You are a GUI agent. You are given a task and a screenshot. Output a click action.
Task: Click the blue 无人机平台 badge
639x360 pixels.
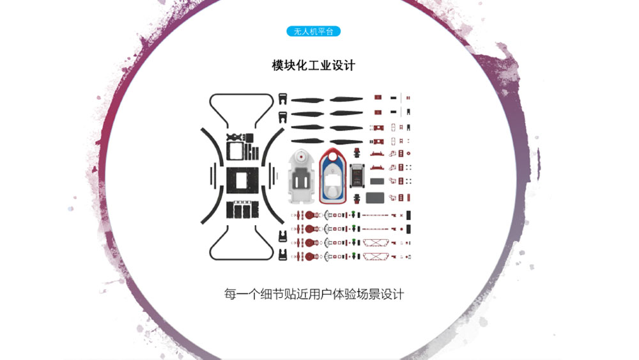pos(313,31)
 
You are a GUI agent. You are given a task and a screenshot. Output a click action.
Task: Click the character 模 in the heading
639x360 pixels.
pos(277,65)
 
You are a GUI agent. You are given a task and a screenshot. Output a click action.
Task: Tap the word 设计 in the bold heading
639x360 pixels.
pos(344,65)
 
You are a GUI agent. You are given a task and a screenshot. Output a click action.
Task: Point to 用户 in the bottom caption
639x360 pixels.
pos(319,294)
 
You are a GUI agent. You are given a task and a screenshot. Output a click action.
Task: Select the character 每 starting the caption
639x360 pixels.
pos(230,294)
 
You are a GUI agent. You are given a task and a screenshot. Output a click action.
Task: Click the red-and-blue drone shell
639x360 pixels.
pos(332,176)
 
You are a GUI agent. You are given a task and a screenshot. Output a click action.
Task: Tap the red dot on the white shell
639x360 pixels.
pos(301,157)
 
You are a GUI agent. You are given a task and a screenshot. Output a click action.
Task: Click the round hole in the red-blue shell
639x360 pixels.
pos(332,156)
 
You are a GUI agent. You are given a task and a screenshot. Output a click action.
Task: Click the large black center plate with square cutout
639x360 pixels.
pos(242,180)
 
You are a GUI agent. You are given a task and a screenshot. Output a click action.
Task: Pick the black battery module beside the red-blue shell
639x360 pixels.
pos(357,176)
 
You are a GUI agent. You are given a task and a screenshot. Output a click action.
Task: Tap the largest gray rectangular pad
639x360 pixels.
pos(375,198)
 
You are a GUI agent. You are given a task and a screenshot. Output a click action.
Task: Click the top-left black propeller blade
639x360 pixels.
pos(308,100)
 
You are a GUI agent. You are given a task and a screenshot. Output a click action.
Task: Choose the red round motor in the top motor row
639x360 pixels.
pos(309,215)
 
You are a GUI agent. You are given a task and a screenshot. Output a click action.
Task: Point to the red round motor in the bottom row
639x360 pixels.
pos(309,256)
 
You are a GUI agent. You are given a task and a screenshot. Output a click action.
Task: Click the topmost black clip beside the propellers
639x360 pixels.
pos(282,99)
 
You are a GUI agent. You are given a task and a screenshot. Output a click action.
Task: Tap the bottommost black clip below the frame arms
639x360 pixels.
pos(282,254)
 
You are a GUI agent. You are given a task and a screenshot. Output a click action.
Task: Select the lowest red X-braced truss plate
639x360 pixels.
pos(375,256)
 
